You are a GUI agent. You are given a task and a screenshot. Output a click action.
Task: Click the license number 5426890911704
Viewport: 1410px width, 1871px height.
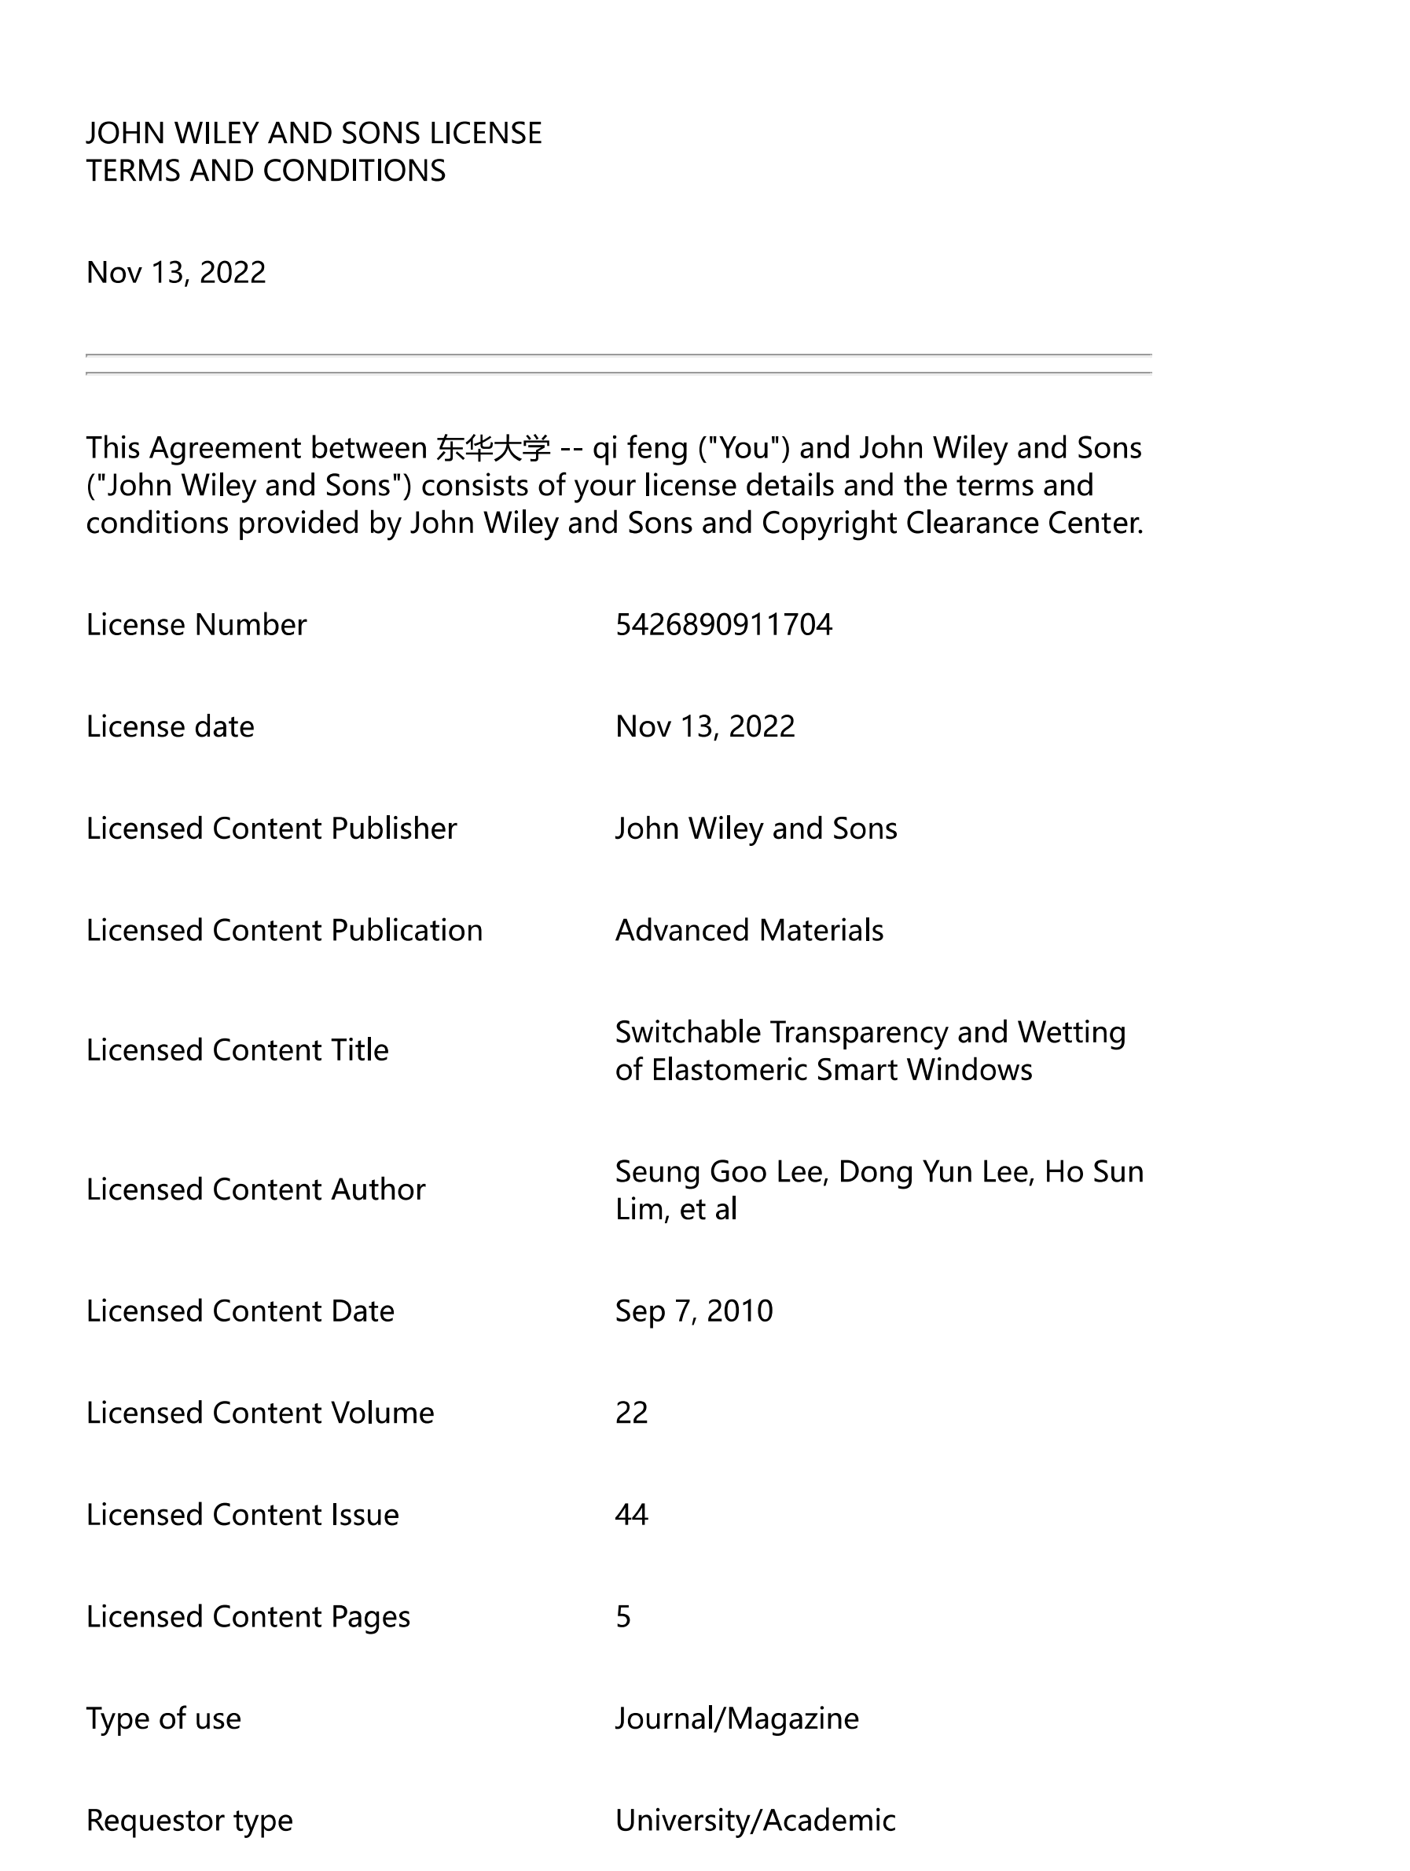723,625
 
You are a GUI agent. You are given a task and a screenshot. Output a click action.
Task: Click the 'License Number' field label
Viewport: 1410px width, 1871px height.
196,625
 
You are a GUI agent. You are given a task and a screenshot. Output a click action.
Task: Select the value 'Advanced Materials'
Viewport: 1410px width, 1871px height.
748,931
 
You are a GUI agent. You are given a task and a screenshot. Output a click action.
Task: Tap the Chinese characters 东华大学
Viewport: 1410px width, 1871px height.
493,448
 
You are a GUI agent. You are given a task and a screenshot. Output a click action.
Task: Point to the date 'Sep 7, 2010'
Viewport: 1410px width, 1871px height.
693,1311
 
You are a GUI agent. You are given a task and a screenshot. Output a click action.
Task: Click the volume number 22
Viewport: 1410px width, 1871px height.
631,1413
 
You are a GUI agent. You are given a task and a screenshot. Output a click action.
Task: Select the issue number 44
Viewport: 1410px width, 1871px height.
631,1514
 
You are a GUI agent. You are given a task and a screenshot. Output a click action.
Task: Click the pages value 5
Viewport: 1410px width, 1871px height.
623,1616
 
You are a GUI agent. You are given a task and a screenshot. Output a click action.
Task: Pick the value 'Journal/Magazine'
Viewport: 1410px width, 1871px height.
736,1718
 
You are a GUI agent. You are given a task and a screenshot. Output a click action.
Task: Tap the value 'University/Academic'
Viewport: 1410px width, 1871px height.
755,1820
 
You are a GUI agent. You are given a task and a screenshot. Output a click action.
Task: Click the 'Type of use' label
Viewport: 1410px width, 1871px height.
163,1718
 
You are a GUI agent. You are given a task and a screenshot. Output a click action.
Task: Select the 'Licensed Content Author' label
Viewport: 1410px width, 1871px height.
255,1189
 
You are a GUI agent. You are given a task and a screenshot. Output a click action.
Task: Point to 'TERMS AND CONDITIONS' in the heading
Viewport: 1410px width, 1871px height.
266,171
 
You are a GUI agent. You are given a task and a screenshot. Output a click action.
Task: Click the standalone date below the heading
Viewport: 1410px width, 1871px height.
176,272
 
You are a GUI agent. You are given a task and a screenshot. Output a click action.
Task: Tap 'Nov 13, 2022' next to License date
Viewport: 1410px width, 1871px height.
704,726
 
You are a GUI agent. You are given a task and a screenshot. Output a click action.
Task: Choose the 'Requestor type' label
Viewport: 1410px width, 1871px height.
189,1820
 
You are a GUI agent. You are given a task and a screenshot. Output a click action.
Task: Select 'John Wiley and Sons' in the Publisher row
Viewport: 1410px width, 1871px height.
755,829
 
